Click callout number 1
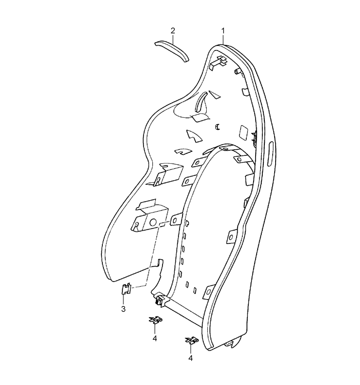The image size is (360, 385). click(x=223, y=31)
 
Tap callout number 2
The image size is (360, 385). click(x=173, y=31)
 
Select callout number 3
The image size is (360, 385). click(x=123, y=309)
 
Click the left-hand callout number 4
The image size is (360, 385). click(x=155, y=338)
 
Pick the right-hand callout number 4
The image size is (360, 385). click(x=191, y=358)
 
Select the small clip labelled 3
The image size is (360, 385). click(x=127, y=289)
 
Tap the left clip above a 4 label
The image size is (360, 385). click(x=156, y=320)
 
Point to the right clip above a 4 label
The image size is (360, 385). click(x=191, y=340)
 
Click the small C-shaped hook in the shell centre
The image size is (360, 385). click(x=217, y=127)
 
